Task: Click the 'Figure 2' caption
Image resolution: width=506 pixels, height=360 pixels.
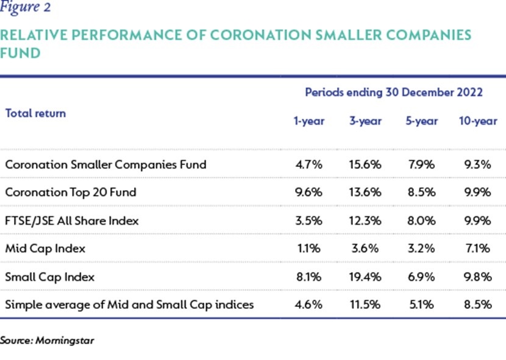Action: tap(25, 7)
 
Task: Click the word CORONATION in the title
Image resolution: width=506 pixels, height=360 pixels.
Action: tap(260, 35)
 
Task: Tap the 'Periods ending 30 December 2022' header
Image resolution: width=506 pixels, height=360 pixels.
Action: tap(394, 93)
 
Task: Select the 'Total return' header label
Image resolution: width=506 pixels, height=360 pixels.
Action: tap(35, 113)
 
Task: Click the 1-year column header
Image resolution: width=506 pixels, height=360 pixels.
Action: tap(309, 121)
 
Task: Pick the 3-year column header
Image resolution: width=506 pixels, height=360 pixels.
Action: tap(365, 121)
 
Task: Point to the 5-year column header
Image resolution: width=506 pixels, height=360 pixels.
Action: tap(421, 121)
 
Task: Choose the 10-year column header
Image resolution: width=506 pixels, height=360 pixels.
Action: tap(478, 121)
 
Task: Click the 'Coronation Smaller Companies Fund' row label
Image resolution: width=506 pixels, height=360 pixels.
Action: tap(105, 165)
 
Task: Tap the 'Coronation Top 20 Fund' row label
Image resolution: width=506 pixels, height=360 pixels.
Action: tap(71, 192)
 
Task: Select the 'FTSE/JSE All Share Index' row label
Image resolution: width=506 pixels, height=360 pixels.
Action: tap(72, 221)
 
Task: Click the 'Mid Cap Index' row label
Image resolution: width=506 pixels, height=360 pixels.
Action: tap(45, 249)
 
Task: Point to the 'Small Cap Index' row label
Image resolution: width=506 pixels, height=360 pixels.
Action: tap(50, 277)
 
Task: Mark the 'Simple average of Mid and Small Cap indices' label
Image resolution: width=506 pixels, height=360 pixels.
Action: tap(129, 305)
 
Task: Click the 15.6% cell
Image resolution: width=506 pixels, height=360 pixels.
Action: tap(365, 164)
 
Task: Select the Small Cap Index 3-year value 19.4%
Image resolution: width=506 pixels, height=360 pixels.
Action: tap(365, 277)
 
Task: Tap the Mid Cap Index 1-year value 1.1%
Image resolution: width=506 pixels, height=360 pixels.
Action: tap(309, 249)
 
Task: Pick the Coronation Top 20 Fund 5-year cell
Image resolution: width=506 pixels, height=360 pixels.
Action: tap(421, 192)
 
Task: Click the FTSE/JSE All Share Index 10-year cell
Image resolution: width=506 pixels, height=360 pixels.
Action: tap(477, 221)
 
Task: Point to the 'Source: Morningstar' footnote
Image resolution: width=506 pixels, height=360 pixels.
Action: tap(47, 341)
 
